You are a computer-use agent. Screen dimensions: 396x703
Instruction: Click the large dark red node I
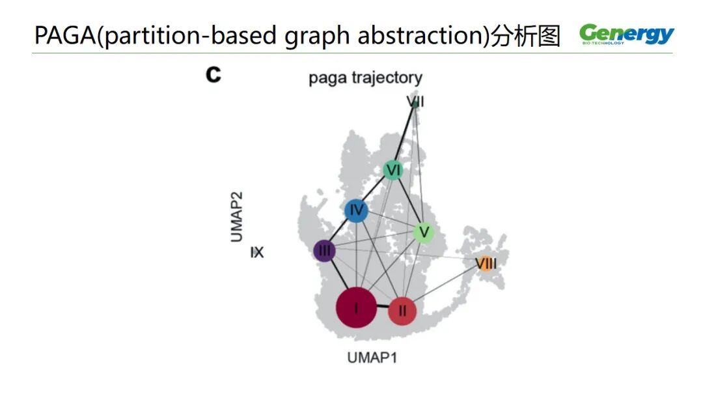[x=356, y=309]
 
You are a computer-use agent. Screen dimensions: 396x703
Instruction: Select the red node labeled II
[x=402, y=311]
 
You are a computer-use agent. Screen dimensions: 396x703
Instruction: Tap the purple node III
[x=324, y=251]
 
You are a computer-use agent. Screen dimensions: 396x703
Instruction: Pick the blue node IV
[x=356, y=210]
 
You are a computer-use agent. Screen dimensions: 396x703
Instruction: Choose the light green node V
[x=424, y=232]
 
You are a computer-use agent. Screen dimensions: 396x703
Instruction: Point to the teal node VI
[x=393, y=171]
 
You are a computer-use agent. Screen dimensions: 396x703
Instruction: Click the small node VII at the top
[x=415, y=102]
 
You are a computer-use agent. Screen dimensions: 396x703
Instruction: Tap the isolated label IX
[x=257, y=252]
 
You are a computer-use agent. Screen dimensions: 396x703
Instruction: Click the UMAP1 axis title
[x=372, y=358]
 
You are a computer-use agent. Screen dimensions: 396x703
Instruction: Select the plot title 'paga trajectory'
[x=365, y=78]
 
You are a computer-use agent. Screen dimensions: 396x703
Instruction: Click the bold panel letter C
[x=214, y=75]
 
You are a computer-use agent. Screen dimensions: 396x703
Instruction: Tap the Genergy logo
[x=627, y=35]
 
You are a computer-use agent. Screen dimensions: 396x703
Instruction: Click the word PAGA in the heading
[x=63, y=36]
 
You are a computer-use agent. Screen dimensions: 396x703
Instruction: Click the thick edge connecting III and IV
[x=340, y=231]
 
